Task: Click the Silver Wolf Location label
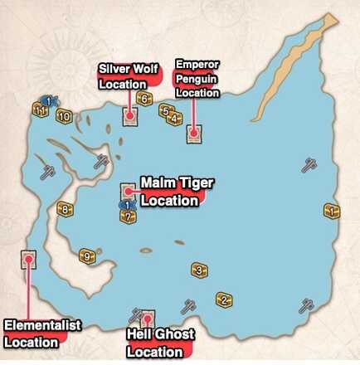click(125, 75)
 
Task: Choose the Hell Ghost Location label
click(160, 342)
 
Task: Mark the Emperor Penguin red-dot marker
click(193, 132)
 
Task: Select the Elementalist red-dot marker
click(29, 259)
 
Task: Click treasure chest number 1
click(333, 212)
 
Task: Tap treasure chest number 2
click(223, 299)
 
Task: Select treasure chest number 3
click(198, 270)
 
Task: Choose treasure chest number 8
click(65, 209)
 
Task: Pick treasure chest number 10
click(63, 116)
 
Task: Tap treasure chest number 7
click(127, 217)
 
